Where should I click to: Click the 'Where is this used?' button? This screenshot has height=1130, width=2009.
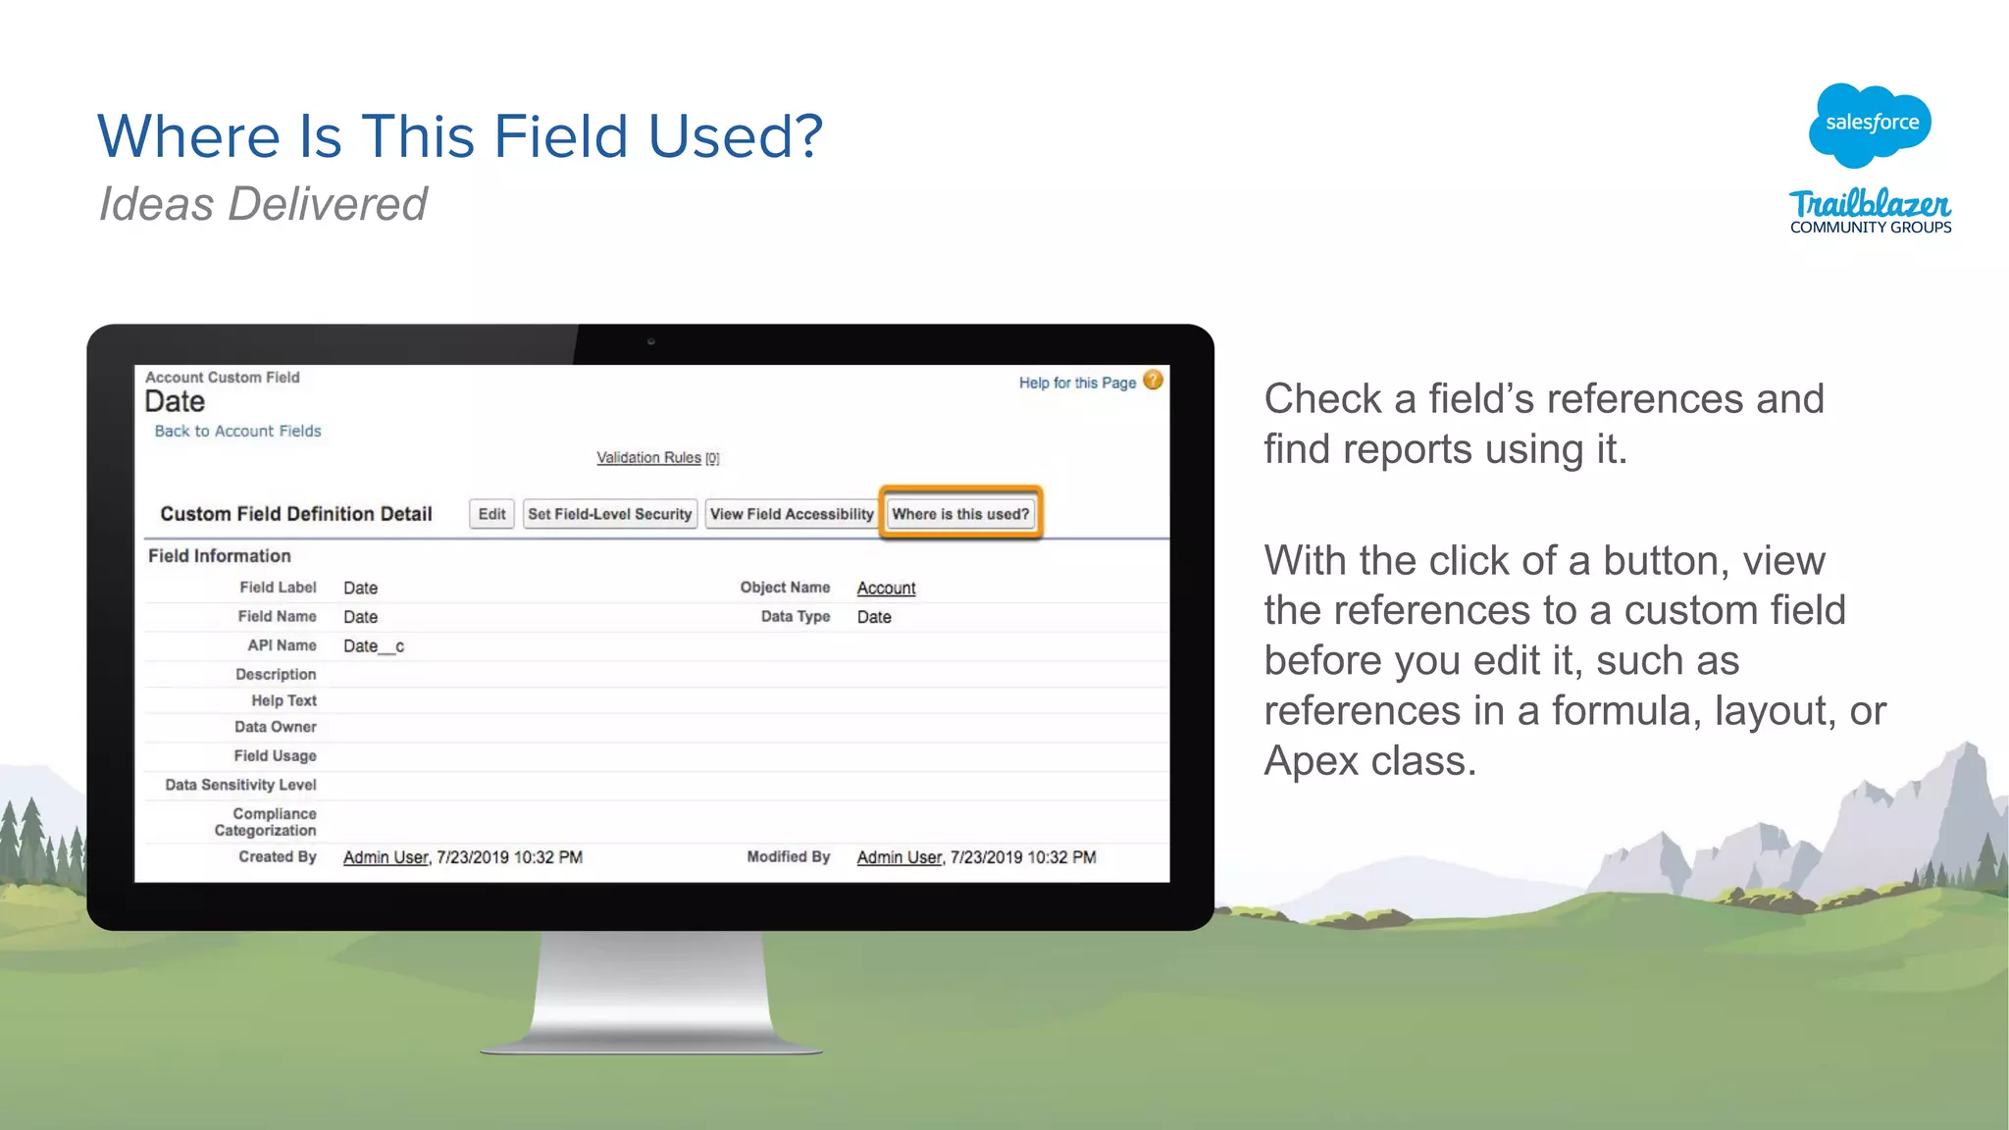(960, 514)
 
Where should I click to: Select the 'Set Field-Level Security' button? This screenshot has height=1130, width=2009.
(610, 514)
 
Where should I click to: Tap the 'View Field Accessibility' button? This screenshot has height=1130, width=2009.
(791, 514)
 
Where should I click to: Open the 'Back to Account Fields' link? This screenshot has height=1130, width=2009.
(237, 431)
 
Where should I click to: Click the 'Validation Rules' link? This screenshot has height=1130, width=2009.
(648, 458)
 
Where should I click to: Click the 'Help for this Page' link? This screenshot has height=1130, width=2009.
(1077, 383)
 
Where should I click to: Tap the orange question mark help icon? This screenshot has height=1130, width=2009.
(1154, 381)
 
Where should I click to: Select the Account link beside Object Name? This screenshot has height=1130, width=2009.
(886, 588)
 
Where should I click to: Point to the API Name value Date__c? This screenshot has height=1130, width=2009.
(374, 646)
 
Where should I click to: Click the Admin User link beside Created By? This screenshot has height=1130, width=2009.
(386, 857)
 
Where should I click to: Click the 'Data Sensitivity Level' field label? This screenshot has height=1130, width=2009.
(240, 785)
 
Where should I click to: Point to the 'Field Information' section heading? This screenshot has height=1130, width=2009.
(220, 556)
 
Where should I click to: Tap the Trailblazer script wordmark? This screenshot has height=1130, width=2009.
(1870, 204)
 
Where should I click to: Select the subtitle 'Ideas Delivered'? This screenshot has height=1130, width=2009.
(263, 205)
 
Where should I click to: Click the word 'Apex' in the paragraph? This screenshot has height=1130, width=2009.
(1311, 761)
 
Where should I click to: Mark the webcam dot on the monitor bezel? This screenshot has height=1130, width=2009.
(650, 342)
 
